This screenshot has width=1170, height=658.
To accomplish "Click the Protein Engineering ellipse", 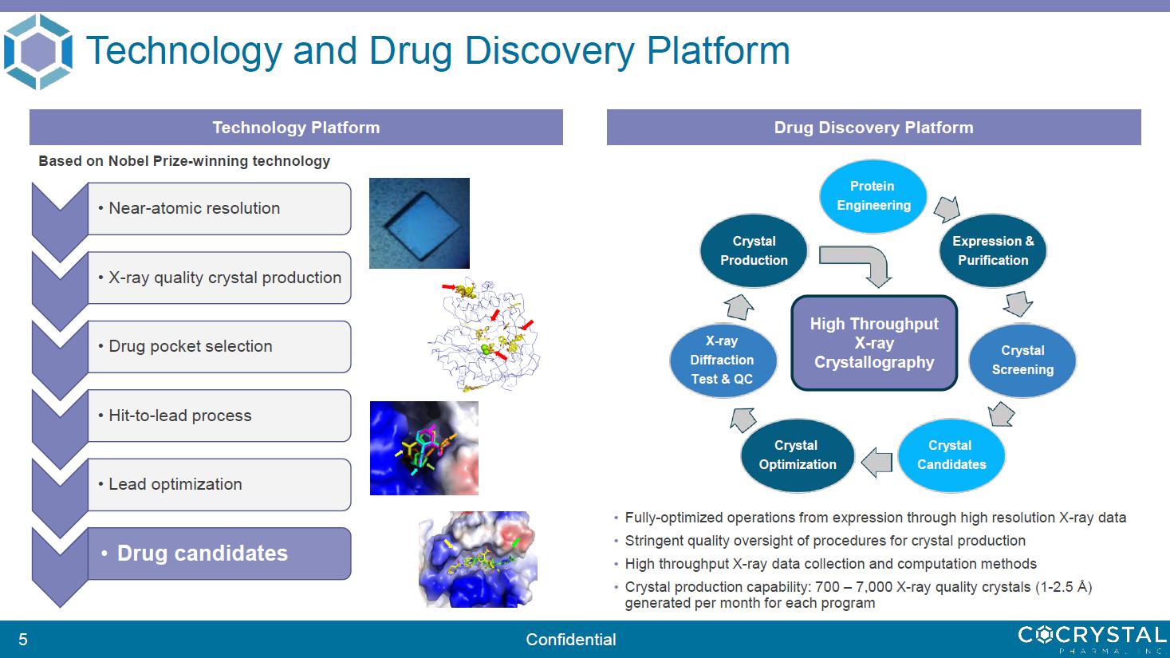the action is pos(873,196).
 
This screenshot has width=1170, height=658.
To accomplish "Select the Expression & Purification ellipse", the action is pos(992,250).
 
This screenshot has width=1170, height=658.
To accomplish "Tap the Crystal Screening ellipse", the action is pos(1022,361).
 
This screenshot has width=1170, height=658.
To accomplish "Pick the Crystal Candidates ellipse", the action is pos(951,455).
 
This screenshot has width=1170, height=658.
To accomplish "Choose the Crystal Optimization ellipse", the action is pos(797,455).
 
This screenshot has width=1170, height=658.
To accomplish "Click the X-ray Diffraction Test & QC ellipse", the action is pos(723,361).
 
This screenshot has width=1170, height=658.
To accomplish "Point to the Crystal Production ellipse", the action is pos(754,250).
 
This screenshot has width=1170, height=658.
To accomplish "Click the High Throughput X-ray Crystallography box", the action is pos(874,343).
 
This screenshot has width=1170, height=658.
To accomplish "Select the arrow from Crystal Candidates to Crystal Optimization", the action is pos(877,463).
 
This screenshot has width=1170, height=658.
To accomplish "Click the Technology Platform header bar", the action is pos(296,127).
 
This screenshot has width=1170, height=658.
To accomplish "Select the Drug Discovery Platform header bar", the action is pos(874,127).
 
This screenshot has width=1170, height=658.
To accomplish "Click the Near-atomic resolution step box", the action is pos(219,208).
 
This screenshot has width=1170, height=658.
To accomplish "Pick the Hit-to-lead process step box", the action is pos(219,416).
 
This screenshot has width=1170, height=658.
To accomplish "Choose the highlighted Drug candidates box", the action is pos(219,554).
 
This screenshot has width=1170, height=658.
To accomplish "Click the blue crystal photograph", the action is pos(420,223).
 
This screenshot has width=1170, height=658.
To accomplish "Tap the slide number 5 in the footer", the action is pos(23,639).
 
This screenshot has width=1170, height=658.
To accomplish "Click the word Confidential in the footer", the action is pos(571,639).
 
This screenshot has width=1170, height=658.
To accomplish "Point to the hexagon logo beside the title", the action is pos(37,52).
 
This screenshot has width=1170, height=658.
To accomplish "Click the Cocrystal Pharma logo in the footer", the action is pos(1092,639).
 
